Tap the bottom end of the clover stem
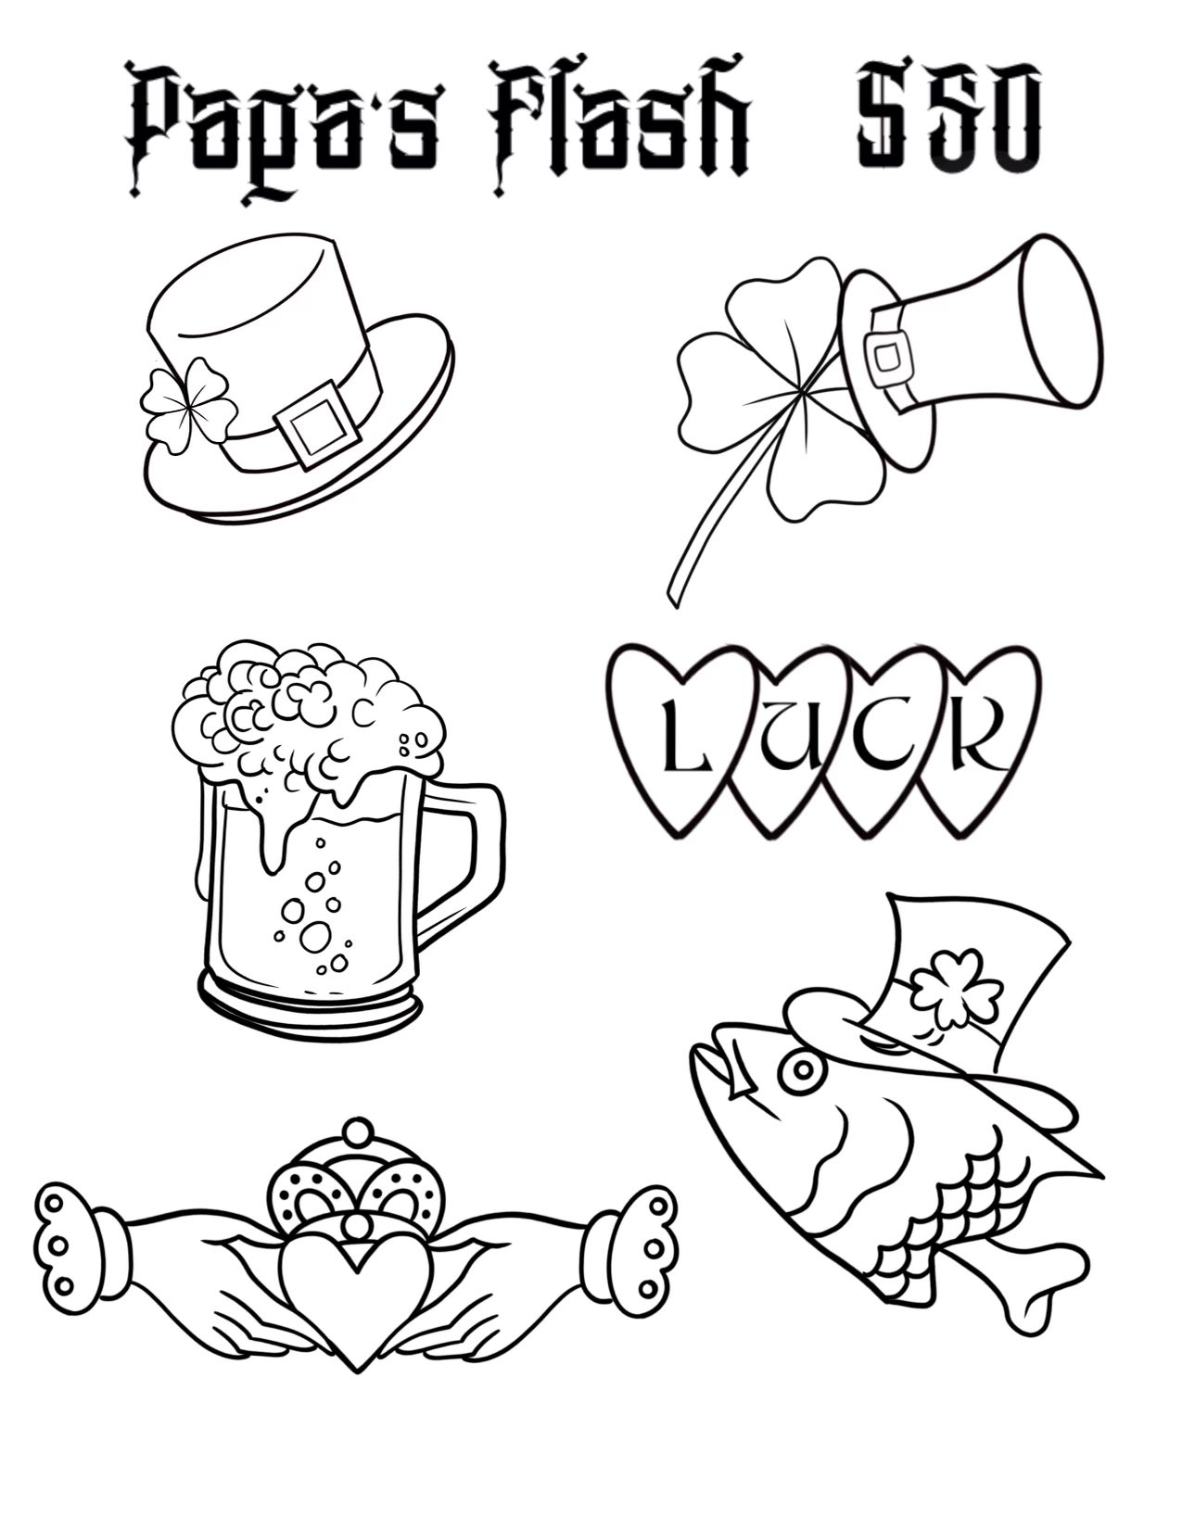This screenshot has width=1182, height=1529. [674, 596]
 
